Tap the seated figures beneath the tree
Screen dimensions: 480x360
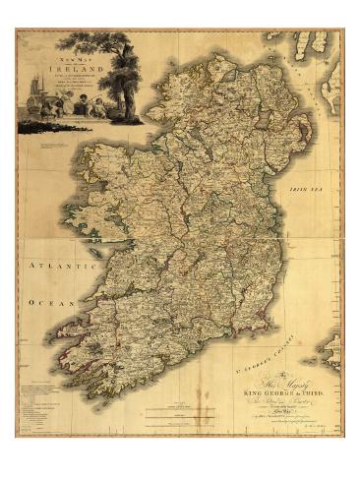pos(93,109)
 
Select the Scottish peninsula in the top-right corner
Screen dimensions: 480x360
pos(320,44)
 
